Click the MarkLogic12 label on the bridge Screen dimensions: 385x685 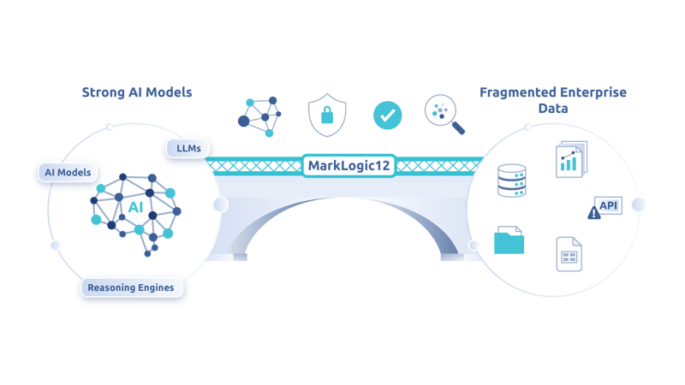tap(348, 164)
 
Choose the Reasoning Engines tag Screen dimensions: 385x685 tap(131, 287)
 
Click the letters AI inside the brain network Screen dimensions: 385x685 tap(135, 208)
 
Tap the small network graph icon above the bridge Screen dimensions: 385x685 tap(259, 115)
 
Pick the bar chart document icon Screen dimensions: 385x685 tap(569, 158)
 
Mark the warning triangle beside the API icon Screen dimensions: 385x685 tap(594, 214)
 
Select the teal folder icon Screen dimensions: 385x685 tap(509, 240)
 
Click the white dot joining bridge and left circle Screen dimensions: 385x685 tap(220, 204)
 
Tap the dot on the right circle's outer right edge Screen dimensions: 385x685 tap(639, 204)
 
